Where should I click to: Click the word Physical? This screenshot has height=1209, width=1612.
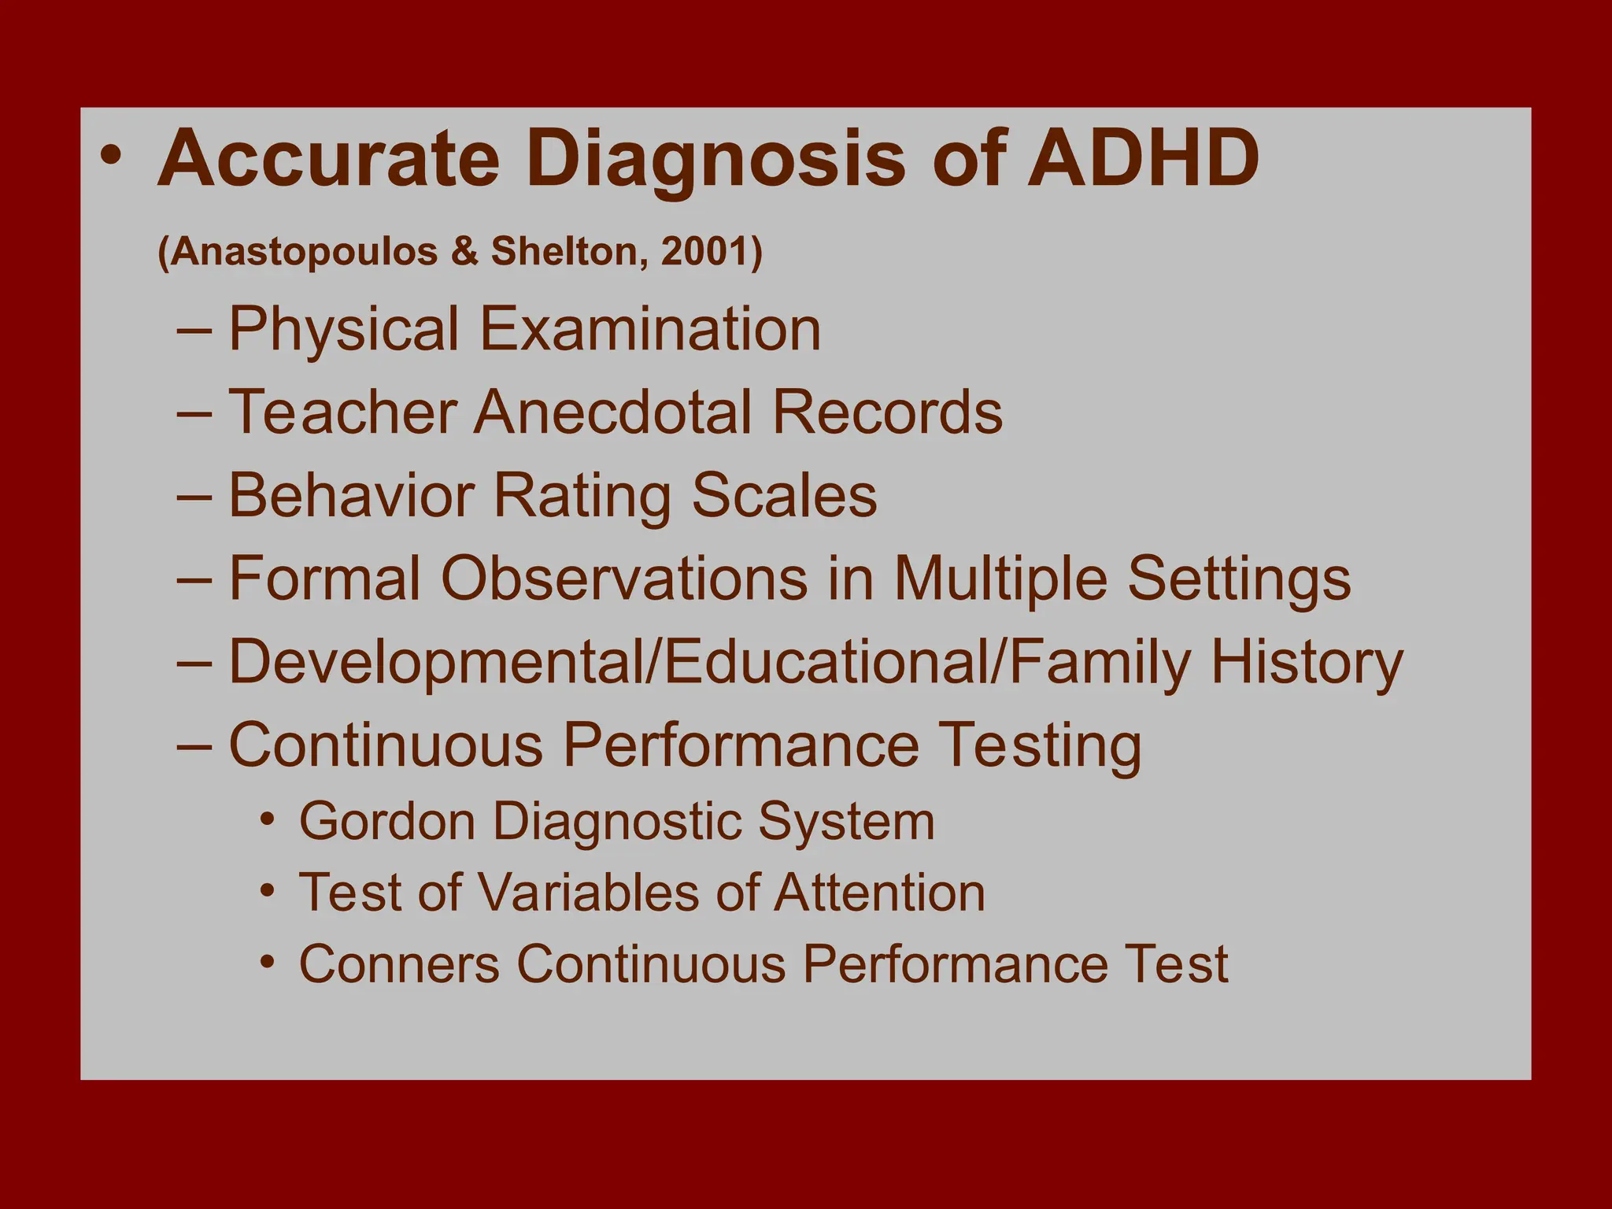344,329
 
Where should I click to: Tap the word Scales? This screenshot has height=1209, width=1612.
784,496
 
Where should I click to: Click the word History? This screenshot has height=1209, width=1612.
1307,662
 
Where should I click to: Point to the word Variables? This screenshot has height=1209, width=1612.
590,893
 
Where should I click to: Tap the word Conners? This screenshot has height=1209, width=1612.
399,963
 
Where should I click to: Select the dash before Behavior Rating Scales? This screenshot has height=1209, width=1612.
194,497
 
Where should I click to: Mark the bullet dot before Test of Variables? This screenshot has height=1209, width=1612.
268,891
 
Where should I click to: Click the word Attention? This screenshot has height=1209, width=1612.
879,893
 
